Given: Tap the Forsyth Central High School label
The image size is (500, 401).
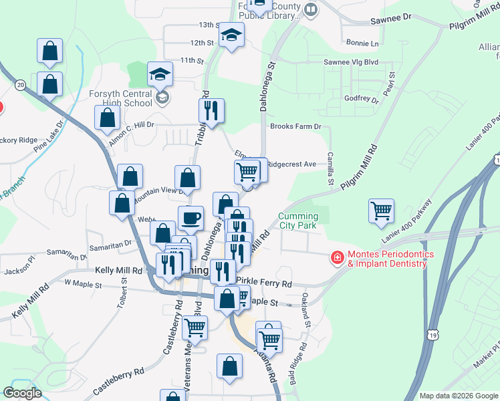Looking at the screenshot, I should [120, 98].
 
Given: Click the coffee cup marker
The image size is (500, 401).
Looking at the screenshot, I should [191, 218].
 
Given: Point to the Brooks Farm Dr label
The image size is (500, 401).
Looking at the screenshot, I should [295, 126].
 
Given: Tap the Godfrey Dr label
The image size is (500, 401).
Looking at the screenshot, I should [362, 99].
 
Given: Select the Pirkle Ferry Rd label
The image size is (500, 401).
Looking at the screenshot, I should [264, 283].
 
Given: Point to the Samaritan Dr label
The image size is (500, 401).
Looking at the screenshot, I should [66, 254].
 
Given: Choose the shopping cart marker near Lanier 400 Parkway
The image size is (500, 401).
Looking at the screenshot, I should [381, 211].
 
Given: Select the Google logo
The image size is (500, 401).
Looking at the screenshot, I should [23, 393].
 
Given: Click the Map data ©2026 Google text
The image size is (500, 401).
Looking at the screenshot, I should [458, 396].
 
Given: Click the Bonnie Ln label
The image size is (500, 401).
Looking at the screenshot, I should [362, 43].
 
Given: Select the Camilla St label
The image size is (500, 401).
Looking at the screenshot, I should [330, 168].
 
